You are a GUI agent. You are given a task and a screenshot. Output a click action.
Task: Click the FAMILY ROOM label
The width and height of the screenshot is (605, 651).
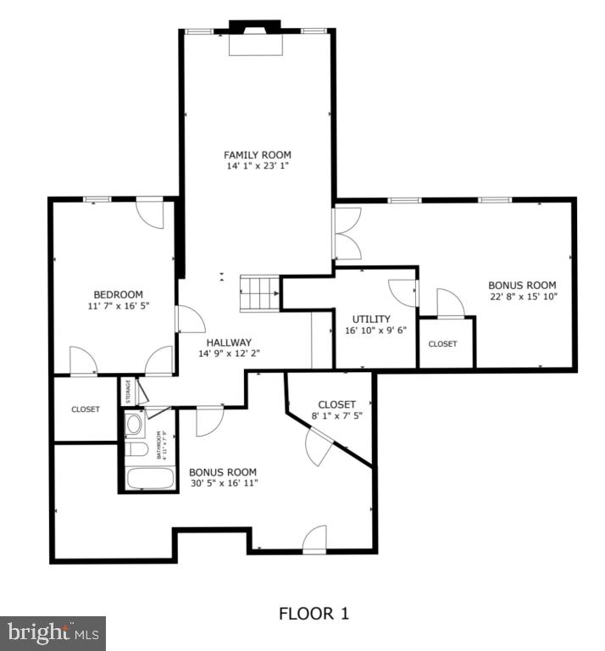point(257,154)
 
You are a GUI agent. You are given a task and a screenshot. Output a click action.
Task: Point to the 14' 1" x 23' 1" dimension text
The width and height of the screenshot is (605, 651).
point(257,167)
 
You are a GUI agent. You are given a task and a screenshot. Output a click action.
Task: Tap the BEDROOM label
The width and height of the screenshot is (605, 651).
point(118,294)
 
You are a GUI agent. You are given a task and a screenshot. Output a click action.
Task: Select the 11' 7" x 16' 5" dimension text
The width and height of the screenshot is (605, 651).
point(118,306)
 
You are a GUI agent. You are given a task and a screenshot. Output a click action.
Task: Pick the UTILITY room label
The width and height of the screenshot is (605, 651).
point(370,319)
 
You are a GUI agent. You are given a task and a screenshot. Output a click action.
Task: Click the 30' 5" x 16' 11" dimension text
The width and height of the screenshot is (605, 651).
point(223,483)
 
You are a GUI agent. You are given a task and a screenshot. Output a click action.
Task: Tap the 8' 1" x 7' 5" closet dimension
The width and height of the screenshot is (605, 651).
point(336,416)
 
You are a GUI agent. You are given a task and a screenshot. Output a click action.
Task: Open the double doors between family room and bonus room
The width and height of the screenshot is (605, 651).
point(347,234)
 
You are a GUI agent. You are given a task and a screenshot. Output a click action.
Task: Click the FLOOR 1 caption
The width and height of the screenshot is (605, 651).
point(314,613)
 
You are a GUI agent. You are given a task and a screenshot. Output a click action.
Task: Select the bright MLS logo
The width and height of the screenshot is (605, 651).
point(53,632)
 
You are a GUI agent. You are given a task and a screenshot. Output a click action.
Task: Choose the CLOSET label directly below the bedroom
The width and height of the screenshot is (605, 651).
point(85,409)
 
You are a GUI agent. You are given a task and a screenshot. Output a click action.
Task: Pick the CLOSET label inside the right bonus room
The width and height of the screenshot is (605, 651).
point(442,343)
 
